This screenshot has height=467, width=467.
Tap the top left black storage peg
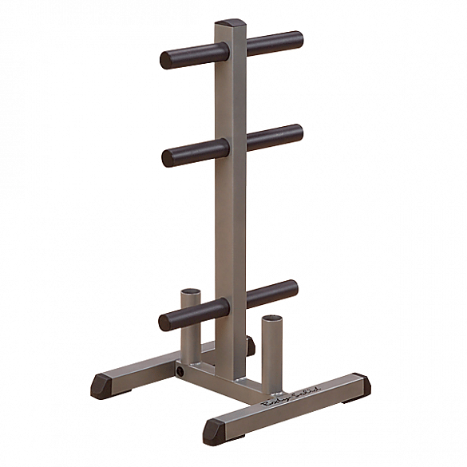click(187, 57)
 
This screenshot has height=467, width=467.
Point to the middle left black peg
click(188, 152)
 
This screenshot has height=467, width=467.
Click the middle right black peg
click(274, 137)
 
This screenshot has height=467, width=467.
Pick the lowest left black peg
click(186, 317)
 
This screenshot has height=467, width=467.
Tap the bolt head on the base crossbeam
click(181, 372)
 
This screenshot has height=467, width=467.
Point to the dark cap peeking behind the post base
click(251, 345)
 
